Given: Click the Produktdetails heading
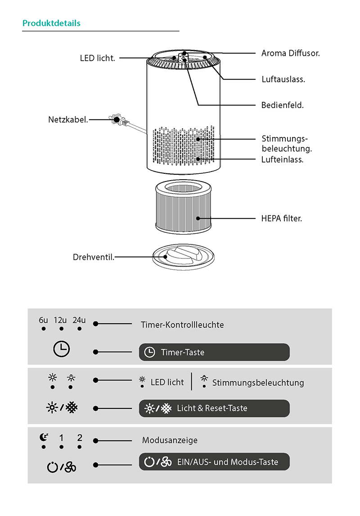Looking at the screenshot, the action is (x=51, y=23).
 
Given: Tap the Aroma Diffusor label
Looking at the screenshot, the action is (x=290, y=53).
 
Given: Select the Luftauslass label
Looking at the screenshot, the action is (x=283, y=79).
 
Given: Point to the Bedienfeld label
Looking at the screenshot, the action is (x=283, y=105).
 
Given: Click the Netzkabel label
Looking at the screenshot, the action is (x=68, y=119).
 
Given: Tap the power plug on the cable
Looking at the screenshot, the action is (x=117, y=119).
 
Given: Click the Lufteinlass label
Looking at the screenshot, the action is (x=282, y=159).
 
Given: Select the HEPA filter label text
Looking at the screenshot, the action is (x=281, y=218).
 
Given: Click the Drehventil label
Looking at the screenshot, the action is (x=93, y=257).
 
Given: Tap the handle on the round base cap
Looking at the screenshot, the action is (x=183, y=254).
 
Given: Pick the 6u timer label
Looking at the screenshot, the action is (x=43, y=320).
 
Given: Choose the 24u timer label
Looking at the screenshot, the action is (x=79, y=320).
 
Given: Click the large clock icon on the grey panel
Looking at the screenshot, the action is (x=62, y=349).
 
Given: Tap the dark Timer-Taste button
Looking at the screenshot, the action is (x=214, y=352).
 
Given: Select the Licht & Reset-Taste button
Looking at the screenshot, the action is (x=214, y=408).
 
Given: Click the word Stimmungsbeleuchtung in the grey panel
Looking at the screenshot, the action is (x=258, y=383).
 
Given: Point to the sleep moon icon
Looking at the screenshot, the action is (x=44, y=437).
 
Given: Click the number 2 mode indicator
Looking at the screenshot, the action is (x=80, y=438).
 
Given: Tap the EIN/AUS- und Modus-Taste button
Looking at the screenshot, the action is (x=214, y=462).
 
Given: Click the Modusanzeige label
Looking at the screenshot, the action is (x=170, y=440).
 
